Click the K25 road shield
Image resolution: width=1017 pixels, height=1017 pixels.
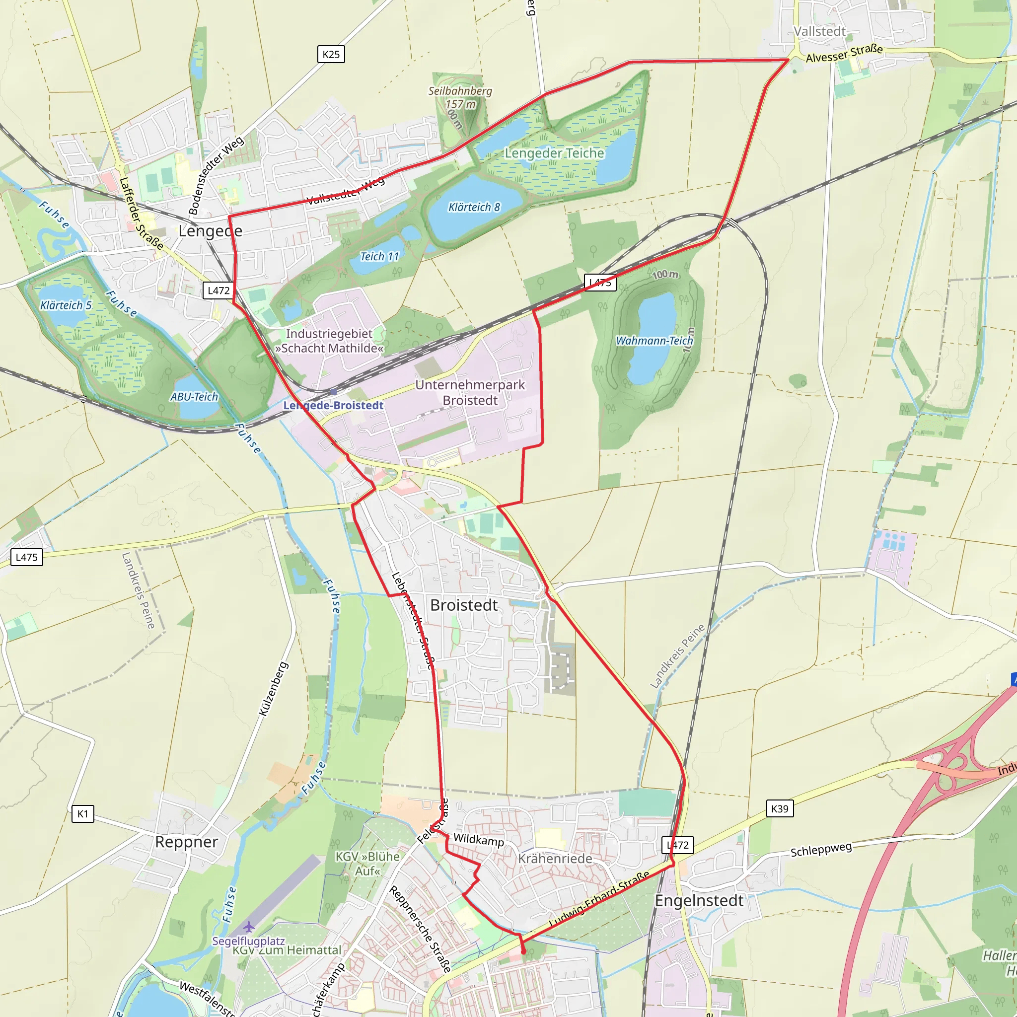(x=331, y=54)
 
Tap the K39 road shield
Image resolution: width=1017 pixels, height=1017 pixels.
(x=779, y=808)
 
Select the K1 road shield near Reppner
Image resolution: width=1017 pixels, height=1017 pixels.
(x=82, y=813)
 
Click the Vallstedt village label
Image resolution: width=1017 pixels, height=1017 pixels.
(x=819, y=32)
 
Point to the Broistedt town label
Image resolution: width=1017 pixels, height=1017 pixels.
(x=463, y=605)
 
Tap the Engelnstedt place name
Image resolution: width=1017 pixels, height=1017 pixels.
(x=699, y=900)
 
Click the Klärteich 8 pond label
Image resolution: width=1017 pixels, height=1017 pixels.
(x=474, y=207)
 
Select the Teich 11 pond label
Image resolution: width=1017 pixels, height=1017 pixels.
(x=379, y=256)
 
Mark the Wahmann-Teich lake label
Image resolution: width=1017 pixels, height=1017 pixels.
(x=654, y=341)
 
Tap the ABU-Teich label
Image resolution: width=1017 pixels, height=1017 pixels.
(x=194, y=397)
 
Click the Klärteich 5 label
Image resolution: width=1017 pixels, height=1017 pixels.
(x=66, y=305)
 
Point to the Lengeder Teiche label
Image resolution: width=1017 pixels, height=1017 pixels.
(x=554, y=153)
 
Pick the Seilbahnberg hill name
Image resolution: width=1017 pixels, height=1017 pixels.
(x=460, y=91)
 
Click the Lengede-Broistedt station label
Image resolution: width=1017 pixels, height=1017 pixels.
(x=333, y=405)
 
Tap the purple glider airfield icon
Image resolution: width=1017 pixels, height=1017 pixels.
(x=248, y=927)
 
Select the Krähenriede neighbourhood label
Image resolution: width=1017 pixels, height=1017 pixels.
(x=555, y=859)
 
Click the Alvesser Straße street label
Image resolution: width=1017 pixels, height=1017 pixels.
(x=844, y=53)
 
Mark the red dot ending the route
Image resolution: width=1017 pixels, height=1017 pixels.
(x=523, y=952)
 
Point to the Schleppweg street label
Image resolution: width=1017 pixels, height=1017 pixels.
(x=821, y=849)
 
